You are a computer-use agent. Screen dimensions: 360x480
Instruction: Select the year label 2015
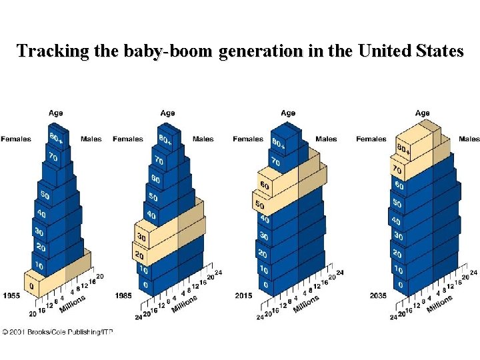(243, 295)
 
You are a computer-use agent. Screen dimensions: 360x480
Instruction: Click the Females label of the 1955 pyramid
(15, 139)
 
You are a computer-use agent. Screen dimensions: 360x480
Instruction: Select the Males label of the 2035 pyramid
(469, 139)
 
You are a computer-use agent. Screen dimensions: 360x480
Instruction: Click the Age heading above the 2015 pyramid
(288, 113)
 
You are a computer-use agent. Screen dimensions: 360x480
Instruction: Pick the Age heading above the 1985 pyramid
(168, 113)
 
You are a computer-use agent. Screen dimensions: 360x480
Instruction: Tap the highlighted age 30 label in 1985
(141, 237)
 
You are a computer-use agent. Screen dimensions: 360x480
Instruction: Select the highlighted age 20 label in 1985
(140, 256)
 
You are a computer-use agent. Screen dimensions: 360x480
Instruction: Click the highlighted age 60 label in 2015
(265, 186)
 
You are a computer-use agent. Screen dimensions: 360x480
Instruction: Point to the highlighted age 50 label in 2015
(260, 204)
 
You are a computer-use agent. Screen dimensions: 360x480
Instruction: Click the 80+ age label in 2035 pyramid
(402, 148)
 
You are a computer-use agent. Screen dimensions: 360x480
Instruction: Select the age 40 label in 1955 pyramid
(43, 215)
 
